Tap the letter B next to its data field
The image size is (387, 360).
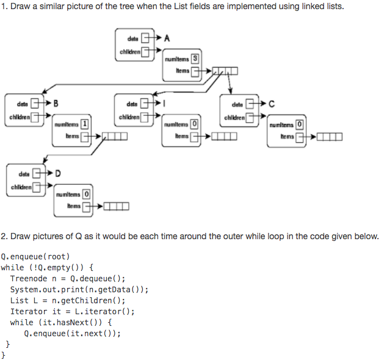click(x=56, y=102)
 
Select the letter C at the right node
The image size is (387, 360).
click(x=272, y=102)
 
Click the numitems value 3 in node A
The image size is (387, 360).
click(x=194, y=59)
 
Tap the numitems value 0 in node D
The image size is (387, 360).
click(x=86, y=195)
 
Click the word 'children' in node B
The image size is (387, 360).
click(x=19, y=116)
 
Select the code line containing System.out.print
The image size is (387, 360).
click(x=79, y=289)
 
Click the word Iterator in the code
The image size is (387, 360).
click(x=28, y=311)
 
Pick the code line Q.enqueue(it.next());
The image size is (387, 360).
click(x=72, y=333)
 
